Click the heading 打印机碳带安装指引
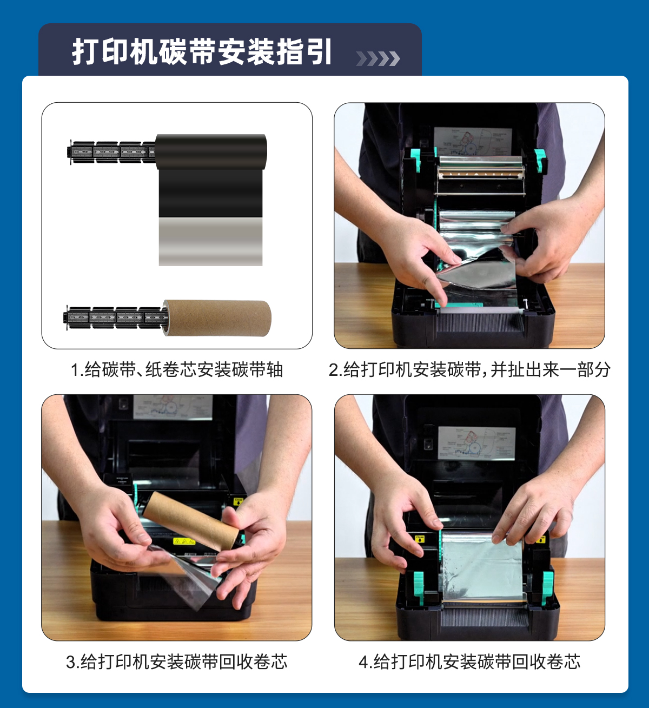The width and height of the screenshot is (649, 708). click(x=202, y=52)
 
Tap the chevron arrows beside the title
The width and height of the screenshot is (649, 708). click(x=378, y=58)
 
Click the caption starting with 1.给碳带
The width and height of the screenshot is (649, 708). click(x=177, y=370)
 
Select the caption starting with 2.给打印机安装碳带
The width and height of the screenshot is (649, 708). click(x=469, y=370)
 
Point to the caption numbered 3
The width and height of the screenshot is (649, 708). click(x=176, y=662)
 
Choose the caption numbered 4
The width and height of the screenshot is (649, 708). click(x=469, y=662)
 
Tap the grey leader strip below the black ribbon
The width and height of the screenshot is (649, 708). click(x=210, y=241)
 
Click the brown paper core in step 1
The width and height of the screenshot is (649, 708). click(x=217, y=317)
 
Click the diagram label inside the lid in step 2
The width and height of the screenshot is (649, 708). click(x=473, y=142)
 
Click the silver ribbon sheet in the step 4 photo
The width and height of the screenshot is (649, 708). click(x=481, y=566)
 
